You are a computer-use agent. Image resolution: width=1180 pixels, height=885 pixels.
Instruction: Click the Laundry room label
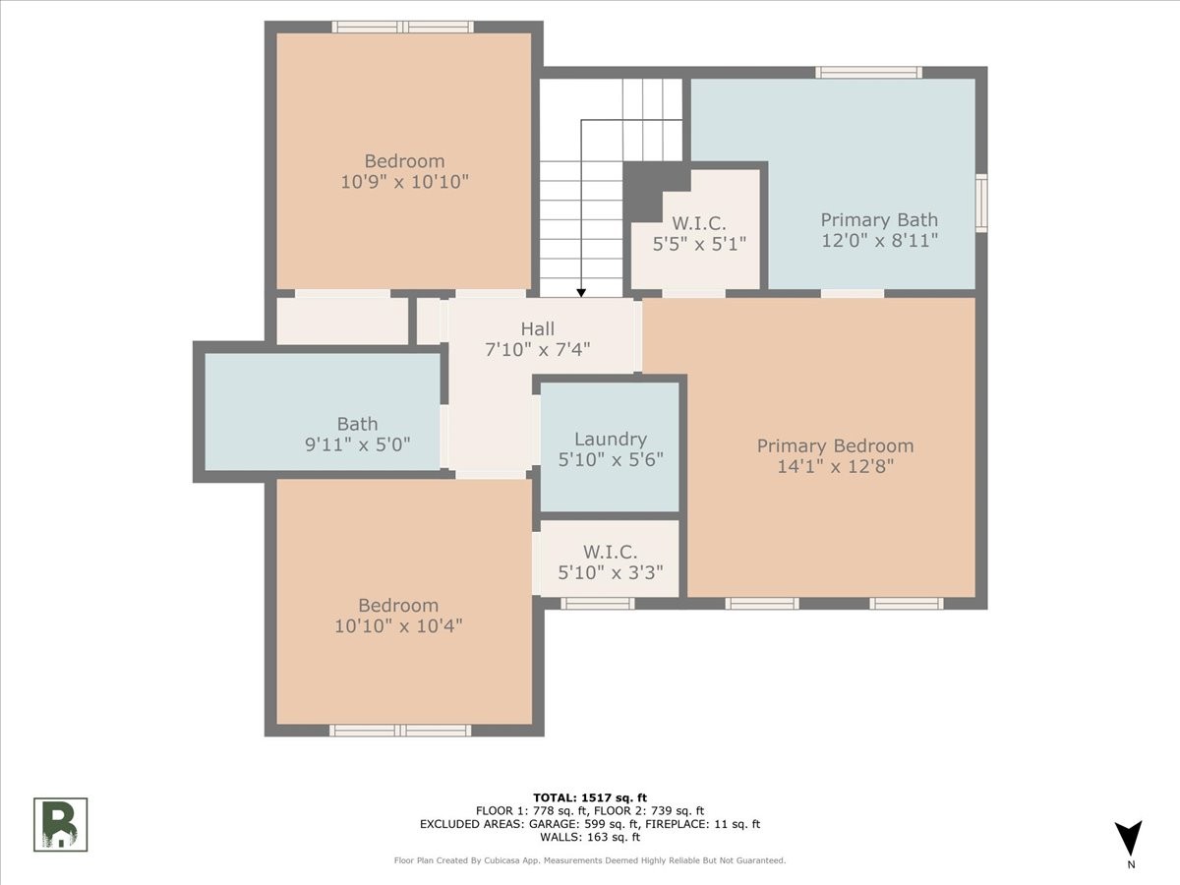click(x=611, y=439)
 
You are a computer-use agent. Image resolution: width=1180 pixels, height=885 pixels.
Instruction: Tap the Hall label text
click(x=537, y=328)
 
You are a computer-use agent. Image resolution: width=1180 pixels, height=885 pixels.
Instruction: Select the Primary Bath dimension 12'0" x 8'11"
click(x=879, y=240)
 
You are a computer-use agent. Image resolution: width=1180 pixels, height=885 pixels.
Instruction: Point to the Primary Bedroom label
click(x=835, y=445)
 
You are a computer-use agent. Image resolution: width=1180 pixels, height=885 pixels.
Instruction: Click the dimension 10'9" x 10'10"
click(x=404, y=182)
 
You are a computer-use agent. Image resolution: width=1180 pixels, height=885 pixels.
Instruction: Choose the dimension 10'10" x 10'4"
click(x=398, y=626)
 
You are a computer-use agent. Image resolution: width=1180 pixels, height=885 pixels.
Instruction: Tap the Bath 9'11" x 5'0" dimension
click(x=357, y=444)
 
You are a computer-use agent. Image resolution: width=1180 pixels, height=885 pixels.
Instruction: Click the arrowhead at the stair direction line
click(x=581, y=293)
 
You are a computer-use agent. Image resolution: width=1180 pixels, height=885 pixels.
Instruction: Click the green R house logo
click(x=60, y=825)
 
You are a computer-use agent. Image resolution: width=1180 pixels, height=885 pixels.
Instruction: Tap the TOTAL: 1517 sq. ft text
click(x=590, y=797)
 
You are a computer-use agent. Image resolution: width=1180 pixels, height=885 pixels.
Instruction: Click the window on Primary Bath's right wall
click(x=981, y=203)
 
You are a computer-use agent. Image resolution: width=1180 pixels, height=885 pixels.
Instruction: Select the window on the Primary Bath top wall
click(x=868, y=72)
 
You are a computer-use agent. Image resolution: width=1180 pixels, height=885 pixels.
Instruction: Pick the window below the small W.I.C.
click(x=597, y=604)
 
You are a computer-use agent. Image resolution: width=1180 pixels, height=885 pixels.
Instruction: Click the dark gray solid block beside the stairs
click(x=652, y=190)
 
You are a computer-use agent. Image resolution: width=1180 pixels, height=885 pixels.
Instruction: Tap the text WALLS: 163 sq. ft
click(x=590, y=837)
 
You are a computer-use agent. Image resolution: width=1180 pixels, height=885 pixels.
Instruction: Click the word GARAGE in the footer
click(x=551, y=824)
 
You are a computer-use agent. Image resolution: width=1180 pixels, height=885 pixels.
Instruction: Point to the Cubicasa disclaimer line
click(x=590, y=860)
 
